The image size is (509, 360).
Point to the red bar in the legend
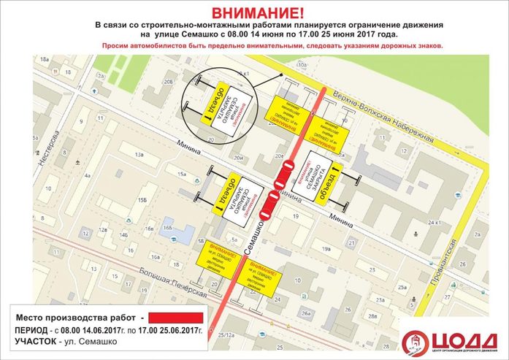coord(176,318)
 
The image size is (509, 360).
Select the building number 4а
coord(86,175)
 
